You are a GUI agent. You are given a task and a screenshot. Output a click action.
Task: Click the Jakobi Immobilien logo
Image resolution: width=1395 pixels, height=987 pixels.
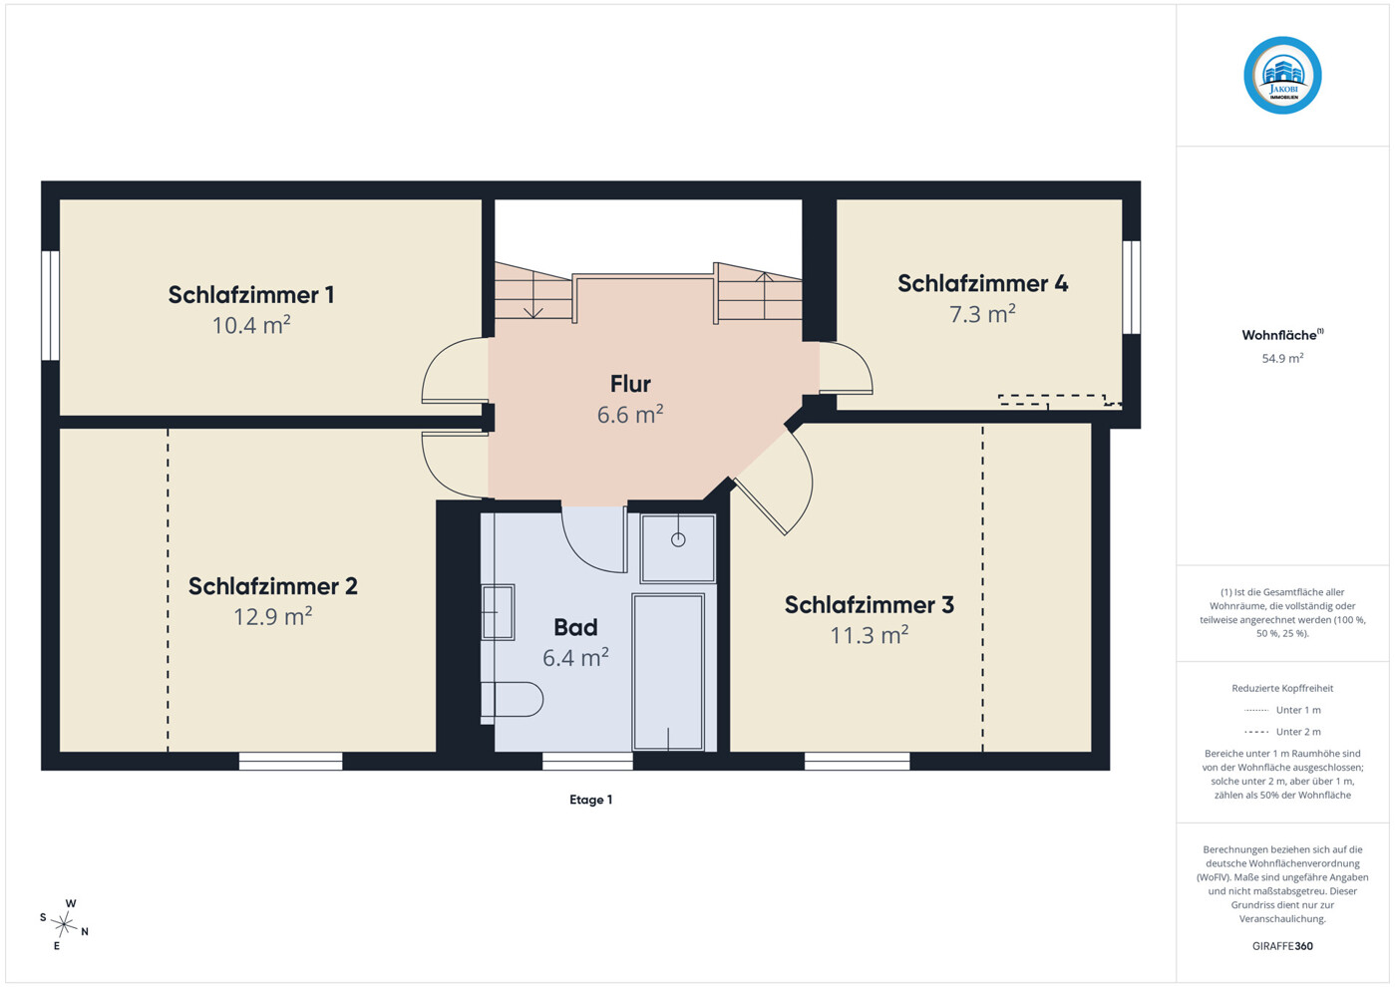(x=1282, y=76)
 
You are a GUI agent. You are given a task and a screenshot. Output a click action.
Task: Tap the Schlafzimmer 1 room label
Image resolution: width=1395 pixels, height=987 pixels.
(x=251, y=294)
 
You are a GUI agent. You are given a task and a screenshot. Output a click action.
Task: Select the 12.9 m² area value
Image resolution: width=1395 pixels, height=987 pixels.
(x=273, y=616)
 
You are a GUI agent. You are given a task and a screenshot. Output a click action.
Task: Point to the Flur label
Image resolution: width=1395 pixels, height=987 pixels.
(x=630, y=384)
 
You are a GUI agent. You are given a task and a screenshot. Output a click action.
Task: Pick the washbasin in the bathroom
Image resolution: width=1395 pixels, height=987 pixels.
(x=498, y=612)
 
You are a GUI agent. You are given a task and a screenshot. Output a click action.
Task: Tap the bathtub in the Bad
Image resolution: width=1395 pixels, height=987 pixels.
(x=668, y=672)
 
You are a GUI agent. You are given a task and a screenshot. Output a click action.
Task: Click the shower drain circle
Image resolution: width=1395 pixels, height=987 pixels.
(x=678, y=540)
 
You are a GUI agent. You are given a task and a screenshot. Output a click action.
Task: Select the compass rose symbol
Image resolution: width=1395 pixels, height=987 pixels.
(x=64, y=924)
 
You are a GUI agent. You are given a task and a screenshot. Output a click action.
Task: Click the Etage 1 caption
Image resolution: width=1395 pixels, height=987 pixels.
(x=591, y=800)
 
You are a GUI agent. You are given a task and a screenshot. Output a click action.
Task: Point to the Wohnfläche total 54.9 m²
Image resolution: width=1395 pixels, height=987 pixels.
(x=1282, y=358)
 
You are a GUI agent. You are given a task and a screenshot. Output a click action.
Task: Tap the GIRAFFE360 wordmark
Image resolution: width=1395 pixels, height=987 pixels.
(x=1282, y=946)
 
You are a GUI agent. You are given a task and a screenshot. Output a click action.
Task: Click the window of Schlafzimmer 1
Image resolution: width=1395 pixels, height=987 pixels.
(x=51, y=305)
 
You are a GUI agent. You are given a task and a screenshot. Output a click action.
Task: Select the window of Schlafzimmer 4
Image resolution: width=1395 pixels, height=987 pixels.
(x=1132, y=287)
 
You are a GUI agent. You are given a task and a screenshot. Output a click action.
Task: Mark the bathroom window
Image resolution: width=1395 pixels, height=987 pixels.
(x=587, y=761)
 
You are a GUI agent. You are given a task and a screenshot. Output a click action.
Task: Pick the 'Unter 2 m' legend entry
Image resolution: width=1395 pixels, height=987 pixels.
(x=1282, y=732)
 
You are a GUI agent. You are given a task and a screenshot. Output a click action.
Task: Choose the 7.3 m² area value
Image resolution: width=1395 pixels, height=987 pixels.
(x=982, y=314)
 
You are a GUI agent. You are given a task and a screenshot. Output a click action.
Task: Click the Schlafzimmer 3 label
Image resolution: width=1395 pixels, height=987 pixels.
(x=869, y=604)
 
